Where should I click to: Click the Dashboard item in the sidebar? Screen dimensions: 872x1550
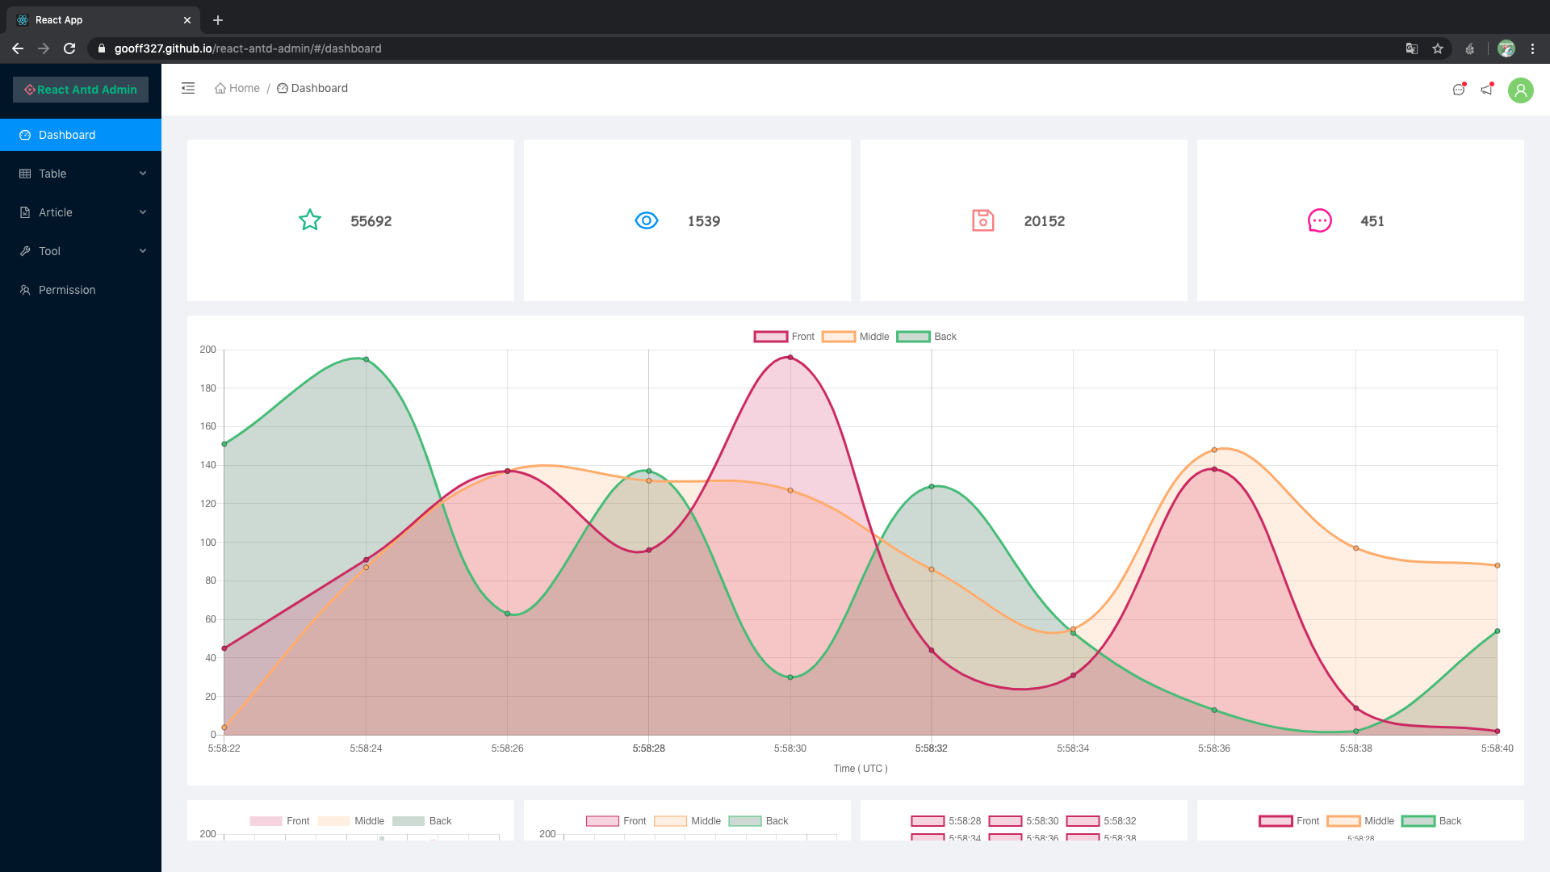click(67, 135)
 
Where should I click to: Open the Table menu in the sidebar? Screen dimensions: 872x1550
click(53, 174)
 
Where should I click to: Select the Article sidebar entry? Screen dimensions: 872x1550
click(56, 212)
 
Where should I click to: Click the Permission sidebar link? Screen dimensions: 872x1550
click(67, 290)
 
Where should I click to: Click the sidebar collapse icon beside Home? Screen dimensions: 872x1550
click(188, 88)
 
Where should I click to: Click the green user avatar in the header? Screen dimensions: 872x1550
click(1520, 90)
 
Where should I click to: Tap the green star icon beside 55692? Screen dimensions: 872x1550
click(310, 220)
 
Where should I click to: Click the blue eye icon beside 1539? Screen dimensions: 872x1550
click(647, 220)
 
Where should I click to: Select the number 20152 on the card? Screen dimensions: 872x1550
click(1044, 221)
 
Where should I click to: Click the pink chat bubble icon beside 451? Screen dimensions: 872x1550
click(1319, 220)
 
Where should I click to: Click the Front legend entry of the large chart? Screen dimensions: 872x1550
click(785, 337)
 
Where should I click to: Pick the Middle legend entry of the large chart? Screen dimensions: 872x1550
click(856, 337)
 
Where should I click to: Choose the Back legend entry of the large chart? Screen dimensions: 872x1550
click(927, 337)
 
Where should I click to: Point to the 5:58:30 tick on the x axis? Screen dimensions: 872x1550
click(790, 748)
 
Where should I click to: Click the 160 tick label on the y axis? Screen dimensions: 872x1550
click(208, 426)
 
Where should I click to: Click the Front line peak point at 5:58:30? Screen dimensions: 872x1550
click(790, 357)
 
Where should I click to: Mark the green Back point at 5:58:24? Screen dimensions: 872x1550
click(366, 359)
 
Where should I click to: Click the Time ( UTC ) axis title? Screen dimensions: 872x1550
click(861, 769)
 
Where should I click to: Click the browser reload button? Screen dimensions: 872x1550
click(69, 48)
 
